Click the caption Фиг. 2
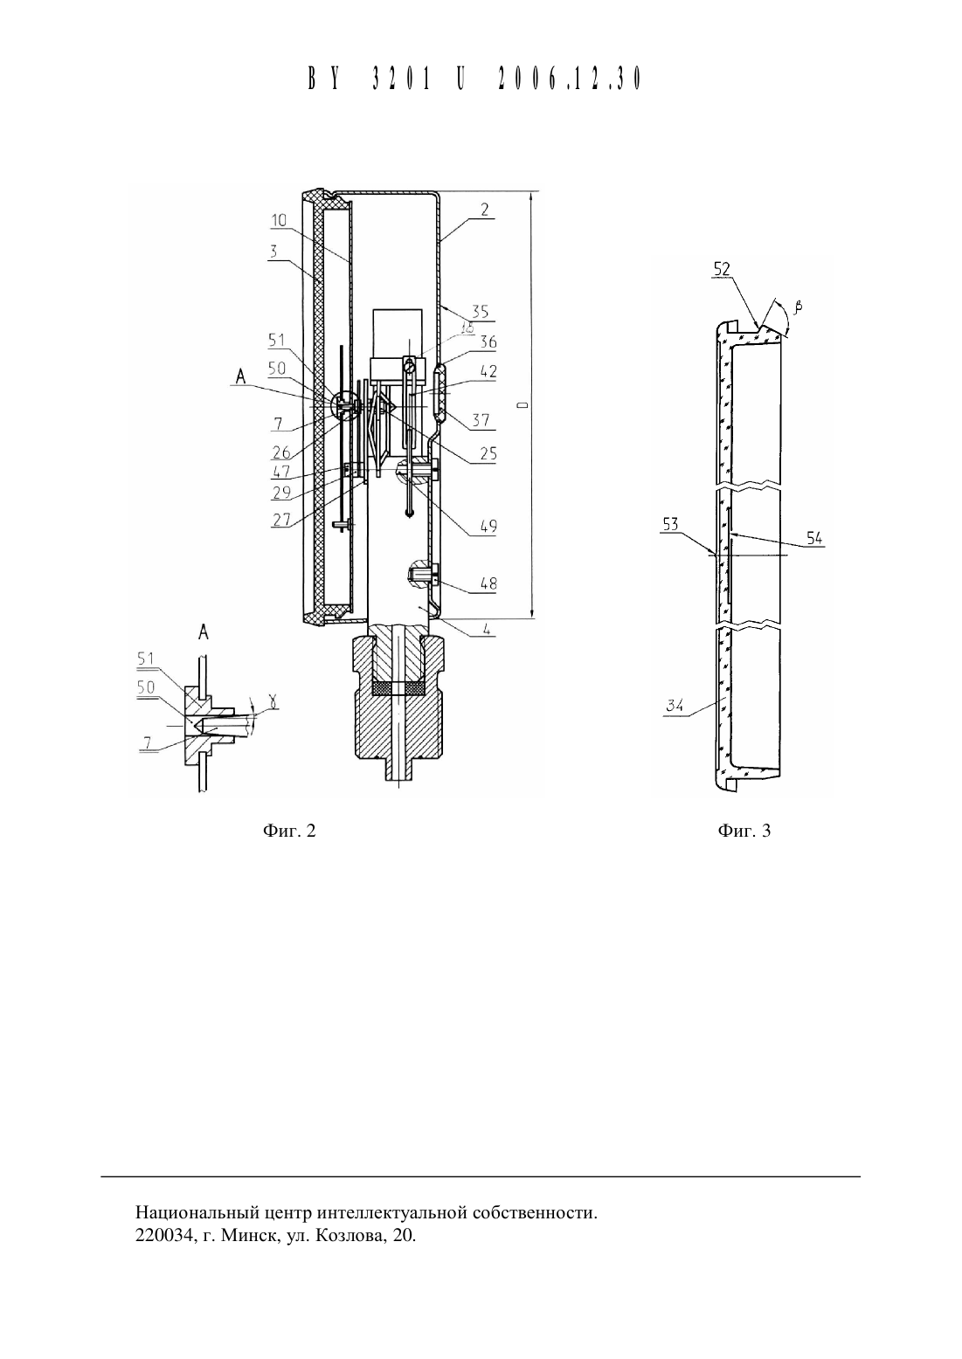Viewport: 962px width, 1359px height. [289, 831]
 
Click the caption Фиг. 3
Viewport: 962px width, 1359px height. [744, 831]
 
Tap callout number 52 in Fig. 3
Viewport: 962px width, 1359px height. [722, 269]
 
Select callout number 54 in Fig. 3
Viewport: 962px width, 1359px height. [814, 537]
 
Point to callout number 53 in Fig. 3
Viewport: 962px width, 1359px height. [670, 524]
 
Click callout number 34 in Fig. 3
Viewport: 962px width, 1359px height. [675, 707]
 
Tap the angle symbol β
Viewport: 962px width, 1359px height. [798, 307]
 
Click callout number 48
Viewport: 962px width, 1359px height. [488, 583]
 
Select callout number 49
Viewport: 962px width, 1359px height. [488, 526]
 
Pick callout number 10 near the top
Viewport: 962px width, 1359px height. [279, 220]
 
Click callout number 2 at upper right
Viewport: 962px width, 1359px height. [484, 210]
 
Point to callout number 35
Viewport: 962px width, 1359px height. [480, 312]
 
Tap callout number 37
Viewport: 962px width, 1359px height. [481, 420]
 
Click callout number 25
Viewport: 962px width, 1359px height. [488, 453]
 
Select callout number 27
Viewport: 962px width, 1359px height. [281, 520]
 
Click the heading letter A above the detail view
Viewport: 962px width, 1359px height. [204, 632]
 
